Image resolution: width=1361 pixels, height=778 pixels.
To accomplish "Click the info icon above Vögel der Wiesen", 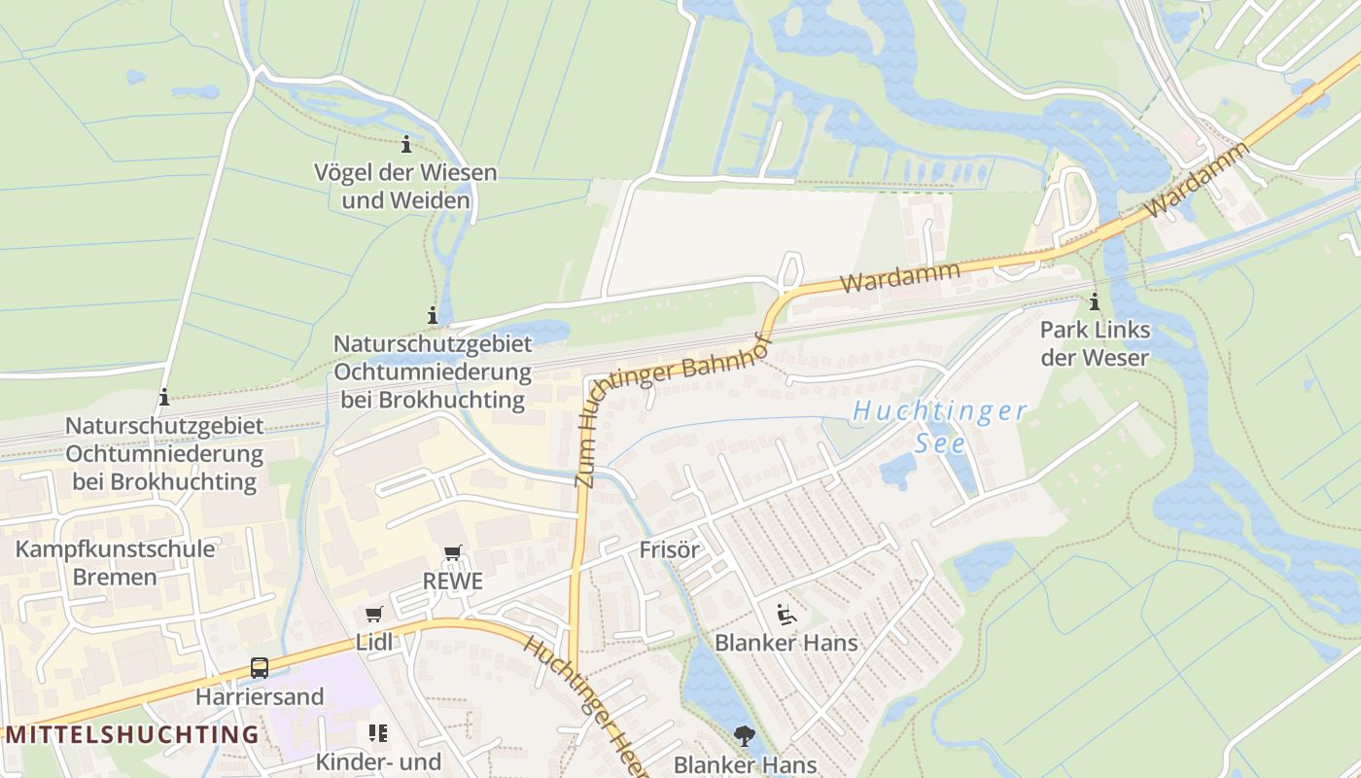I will [x=406, y=146].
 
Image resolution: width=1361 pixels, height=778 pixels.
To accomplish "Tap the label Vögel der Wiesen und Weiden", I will [x=405, y=187].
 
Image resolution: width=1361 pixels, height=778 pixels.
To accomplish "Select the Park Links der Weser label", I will [x=1095, y=343].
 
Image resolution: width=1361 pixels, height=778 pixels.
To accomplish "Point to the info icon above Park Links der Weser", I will [x=1095, y=301].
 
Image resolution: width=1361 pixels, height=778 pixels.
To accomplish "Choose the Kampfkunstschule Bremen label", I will [x=115, y=563].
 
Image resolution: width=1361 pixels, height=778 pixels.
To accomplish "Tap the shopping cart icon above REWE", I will [x=452, y=553].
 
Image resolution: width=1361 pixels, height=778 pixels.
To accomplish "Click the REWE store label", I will [x=452, y=582].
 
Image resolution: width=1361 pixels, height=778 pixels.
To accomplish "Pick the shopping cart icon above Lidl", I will [x=374, y=614].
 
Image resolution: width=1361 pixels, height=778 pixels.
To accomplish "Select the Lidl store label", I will [x=374, y=642].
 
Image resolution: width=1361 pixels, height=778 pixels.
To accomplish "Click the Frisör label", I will [x=670, y=550].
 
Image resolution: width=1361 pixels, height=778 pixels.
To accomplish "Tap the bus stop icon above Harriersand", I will [x=260, y=668].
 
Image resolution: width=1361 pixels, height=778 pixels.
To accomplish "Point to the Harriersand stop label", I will [x=260, y=697].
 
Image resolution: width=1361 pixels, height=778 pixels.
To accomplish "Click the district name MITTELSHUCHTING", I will [x=132, y=734].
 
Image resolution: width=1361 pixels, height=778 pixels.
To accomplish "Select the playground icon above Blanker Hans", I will [x=786, y=614].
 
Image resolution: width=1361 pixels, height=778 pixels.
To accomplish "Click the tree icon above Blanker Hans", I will [x=745, y=736].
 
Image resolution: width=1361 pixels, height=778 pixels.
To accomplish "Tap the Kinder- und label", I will [x=378, y=761].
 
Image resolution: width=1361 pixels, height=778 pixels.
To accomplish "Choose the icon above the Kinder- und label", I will [x=378, y=732].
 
